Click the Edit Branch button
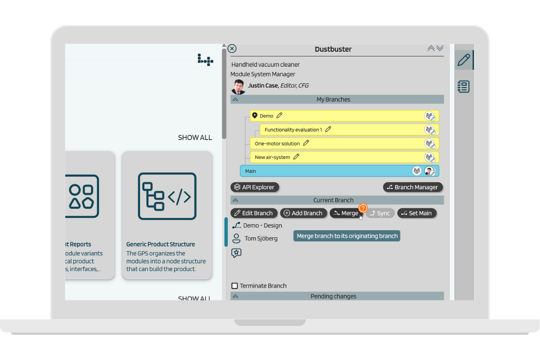[x=254, y=213]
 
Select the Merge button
[x=346, y=213]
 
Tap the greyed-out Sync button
[x=380, y=213]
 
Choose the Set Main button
[x=417, y=213]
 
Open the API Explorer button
[x=255, y=187]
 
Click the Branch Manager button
[x=413, y=187]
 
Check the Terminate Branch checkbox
[x=234, y=286]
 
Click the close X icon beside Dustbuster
[x=232, y=49]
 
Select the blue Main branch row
[x=324, y=171]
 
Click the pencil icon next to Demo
[x=279, y=116]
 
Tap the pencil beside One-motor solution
[x=306, y=143]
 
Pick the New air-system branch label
[x=273, y=157]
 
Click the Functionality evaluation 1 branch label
[x=293, y=130]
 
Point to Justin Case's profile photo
[x=238, y=86]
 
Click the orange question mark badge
[x=363, y=208]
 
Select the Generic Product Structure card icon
[x=167, y=196]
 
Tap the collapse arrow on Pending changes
[x=235, y=297]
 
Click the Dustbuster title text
[x=333, y=49]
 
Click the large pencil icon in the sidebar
[x=463, y=60]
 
